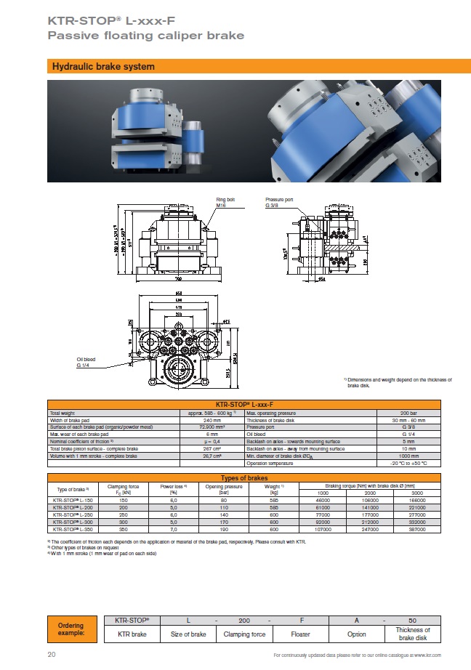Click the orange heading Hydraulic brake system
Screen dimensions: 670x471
(x=102, y=67)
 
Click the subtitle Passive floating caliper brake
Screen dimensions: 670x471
(x=145, y=35)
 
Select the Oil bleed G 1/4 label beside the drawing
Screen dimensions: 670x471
(x=86, y=362)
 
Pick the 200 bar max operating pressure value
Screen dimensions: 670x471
(x=408, y=413)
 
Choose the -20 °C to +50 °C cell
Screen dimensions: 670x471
(x=408, y=463)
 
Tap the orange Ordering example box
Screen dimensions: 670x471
(x=71, y=629)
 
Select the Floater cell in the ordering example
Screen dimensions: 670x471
(x=299, y=634)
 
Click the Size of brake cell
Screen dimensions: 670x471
(x=188, y=634)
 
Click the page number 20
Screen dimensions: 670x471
(x=52, y=655)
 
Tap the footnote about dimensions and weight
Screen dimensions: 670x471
(x=398, y=382)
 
